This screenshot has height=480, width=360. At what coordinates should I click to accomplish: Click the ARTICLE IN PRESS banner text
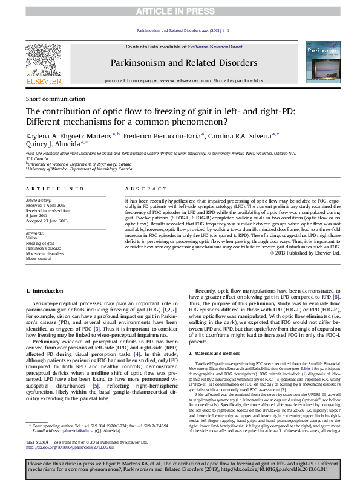[x=180, y=11]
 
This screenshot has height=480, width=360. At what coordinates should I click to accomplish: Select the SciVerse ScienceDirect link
[x=215, y=47]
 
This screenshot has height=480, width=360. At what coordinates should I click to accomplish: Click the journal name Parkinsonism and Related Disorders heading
[x=183, y=63]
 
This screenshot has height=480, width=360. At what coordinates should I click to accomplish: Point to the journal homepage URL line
[x=183, y=80]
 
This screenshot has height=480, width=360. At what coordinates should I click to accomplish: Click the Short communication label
[x=55, y=99]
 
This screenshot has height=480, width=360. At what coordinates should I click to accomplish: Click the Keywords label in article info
[x=34, y=233]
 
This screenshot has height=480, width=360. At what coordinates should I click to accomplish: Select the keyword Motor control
[x=38, y=258]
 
